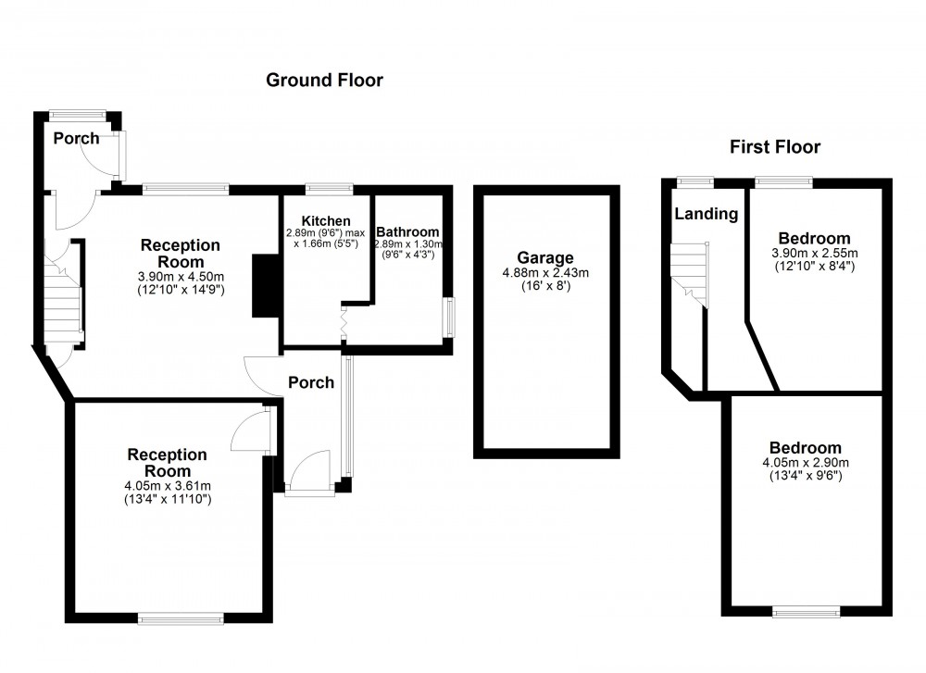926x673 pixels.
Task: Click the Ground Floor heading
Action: point(324,81)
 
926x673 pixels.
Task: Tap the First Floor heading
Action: point(774,146)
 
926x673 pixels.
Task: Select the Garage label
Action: point(545,257)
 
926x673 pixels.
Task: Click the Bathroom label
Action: point(407,231)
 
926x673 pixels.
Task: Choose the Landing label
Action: point(706,214)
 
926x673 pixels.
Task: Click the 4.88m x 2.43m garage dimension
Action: point(545,272)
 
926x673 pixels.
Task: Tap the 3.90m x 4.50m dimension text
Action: point(181,277)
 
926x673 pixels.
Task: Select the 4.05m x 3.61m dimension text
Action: point(168,486)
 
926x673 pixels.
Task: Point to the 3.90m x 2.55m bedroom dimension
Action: point(814,254)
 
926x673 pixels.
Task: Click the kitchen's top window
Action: point(329,189)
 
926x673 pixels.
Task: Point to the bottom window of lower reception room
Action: point(181,616)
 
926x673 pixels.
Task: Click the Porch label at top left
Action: point(76,139)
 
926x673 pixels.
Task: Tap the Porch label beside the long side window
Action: point(310,382)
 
